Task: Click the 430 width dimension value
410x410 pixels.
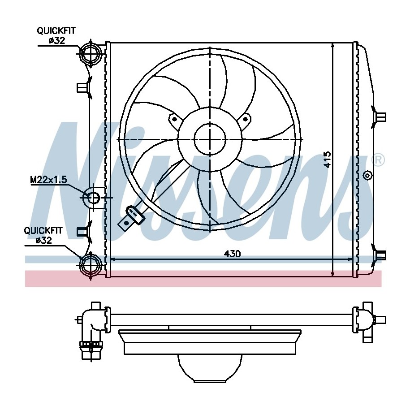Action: coord(232,253)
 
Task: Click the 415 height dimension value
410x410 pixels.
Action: coord(327,159)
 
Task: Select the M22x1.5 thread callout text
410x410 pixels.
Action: coord(49,180)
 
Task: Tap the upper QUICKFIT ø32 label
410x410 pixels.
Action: coord(56,35)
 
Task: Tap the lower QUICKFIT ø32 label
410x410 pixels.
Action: coord(43,235)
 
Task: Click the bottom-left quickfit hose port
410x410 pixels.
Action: coord(91,265)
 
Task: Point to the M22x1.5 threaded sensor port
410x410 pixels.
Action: coord(92,198)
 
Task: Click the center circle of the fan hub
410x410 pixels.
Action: coord(210,139)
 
